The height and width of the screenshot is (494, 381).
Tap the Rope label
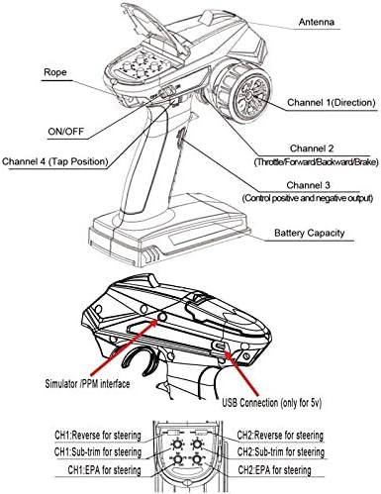[55, 72]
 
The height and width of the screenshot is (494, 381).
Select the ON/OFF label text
[66, 132]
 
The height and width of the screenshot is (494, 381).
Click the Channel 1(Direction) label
[332, 102]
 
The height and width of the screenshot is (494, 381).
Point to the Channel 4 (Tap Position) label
[55, 161]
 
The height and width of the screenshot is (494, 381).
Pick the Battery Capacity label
[310, 233]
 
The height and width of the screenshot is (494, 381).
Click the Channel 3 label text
[308, 185]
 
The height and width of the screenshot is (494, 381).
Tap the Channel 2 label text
[312, 148]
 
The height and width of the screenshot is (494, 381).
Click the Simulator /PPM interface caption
[87, 383]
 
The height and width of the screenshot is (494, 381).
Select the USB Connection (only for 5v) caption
[272, 403]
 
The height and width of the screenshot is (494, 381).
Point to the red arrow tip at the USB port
[225, 351]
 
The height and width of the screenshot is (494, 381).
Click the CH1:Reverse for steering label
[98, 436]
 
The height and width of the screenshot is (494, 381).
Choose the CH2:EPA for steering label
[274, 470]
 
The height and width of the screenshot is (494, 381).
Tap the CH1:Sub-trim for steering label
[98, 452]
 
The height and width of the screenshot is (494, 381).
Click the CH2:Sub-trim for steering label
[281, 451]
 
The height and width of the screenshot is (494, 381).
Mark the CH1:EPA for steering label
[105, 470]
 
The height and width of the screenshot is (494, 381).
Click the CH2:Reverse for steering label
[280, 436]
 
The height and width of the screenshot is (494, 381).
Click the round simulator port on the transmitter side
[162, 316]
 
